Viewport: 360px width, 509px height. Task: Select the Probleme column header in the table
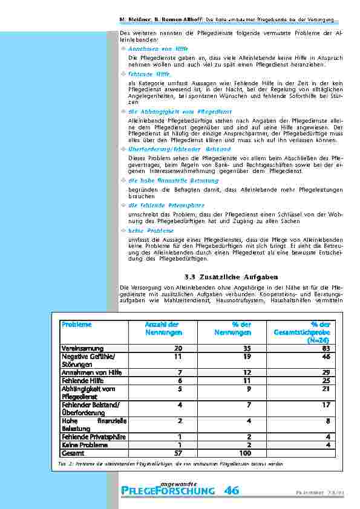(x=76, y=325)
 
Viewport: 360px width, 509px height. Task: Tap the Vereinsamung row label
(x=82, y=349)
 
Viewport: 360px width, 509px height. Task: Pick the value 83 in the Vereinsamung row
(x=326, y=349)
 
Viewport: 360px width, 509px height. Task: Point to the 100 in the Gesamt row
(x=244, y=452)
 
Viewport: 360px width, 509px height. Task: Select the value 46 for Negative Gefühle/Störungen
(x=326, y=357)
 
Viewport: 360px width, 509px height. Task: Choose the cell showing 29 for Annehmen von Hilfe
(x=326, y=373)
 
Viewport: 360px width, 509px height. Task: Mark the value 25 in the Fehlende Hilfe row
(x=326, y=381)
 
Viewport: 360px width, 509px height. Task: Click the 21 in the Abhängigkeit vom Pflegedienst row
(x=326, y=389)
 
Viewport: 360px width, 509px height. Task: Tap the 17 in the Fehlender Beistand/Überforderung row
(x=326, y=404)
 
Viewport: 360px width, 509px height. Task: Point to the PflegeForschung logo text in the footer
(x=168, y=490)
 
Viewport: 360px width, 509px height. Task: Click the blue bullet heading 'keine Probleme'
(x=151, y=231)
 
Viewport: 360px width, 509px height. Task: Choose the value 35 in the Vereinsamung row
(x=247, y=349)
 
